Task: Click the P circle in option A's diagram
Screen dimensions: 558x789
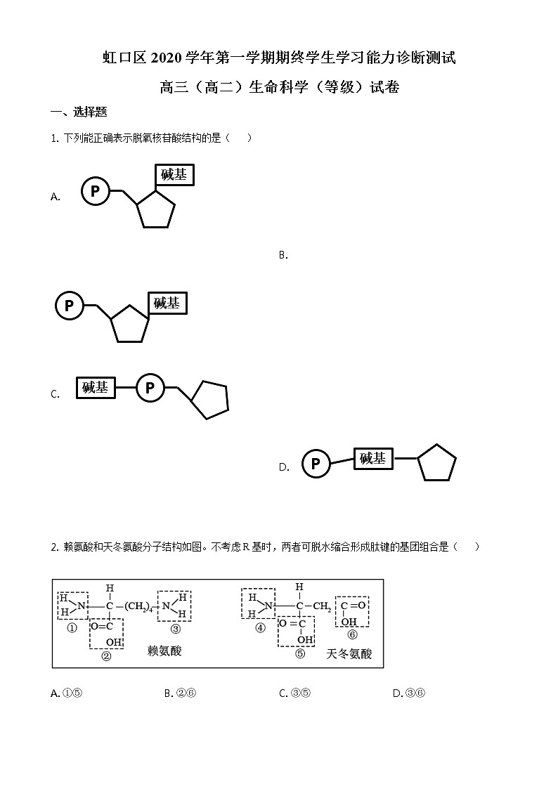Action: (x=96, y=190)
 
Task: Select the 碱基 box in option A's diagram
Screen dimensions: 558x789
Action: (x=174, y=175)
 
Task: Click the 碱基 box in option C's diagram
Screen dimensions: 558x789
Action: (x=96, y=388)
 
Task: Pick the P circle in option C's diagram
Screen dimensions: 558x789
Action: (x=150, y=388)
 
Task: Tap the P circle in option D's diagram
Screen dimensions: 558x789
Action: (x=316, y=464)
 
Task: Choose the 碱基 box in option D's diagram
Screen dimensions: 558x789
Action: (x=372, y=459)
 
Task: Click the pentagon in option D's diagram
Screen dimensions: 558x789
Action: (x=436, y=463)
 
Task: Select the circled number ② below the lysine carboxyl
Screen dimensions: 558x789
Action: (x=107, y=656)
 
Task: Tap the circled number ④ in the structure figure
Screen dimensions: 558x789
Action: (x=261, y=628)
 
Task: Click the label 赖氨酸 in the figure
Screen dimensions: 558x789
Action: (x=164, y=651)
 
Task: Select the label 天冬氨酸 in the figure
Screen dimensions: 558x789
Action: (x=349, y=654)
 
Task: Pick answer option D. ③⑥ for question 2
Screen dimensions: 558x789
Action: (x=409, y=693)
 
